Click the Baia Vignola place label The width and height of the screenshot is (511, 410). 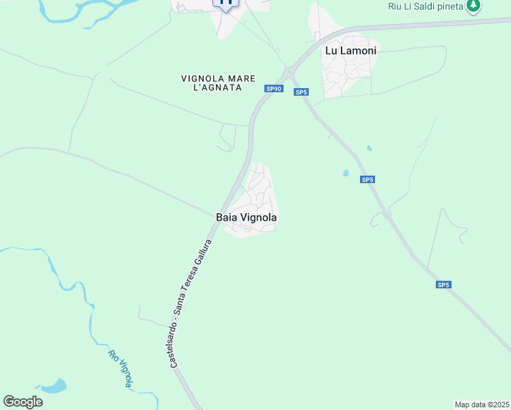[x=247, y=217]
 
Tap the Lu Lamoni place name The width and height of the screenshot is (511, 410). [x=350, y=51]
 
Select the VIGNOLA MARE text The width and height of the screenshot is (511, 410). [x=212, y=79]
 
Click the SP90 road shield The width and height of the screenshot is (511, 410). [x=274, y=89]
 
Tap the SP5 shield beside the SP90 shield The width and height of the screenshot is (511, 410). [x=301, y=92]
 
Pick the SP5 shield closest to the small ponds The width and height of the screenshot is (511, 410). [x=368, y=180]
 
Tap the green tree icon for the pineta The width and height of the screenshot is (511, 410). [x=473, y=6]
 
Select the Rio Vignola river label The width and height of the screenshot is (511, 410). [x=119, y=368]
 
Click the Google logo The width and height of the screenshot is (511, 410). [x=23, y=402]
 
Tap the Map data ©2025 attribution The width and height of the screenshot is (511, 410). [x=482, y=405]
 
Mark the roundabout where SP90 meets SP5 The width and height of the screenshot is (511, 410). [x=289, y=70]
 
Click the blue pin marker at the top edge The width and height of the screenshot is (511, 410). [x=226, y=3]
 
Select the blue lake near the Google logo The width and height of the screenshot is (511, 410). [x=55, y=386]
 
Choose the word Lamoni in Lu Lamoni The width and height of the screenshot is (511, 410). [x=359, y=51]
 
